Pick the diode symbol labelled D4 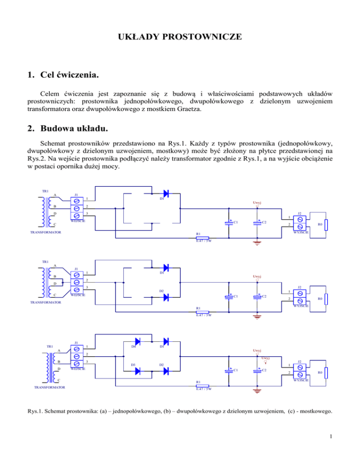(138, 341)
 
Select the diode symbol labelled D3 (138, 371)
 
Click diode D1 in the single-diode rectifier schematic (165, 193)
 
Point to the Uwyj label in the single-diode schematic (257, 203)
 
